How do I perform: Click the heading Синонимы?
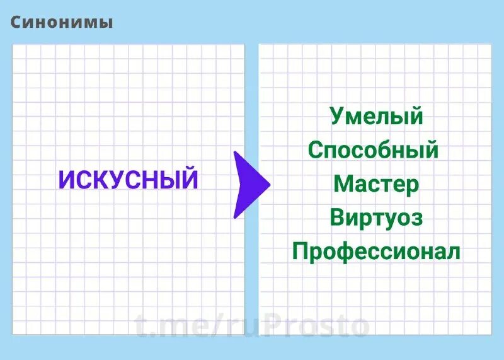pyautogui.click(x=62, y=23)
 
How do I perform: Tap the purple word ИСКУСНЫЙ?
pyautogui.click(x=128, y=180)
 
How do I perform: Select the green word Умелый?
pyautogui.click(x=376, y=117)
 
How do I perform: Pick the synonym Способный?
pyautogui.click(x=373, y=151)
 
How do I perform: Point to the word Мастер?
pyautogui.click(x=376, y=184)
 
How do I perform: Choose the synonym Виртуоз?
pyautogui.click(x=376, y=218)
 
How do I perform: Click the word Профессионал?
pyautogui.click(x=376, y=252)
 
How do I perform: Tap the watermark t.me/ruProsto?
pyautogui.click(x=251, y=326)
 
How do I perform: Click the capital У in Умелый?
pyautogui.click(x=337, y=117)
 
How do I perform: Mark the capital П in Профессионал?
pyautogui.click(x=300, y=252)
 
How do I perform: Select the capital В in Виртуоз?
pyautogui.click(x=337, y=218)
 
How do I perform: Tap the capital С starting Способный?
pyautogui.click(x=315, y=151)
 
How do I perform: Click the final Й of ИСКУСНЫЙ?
pyautogui.click(x=189, y=179)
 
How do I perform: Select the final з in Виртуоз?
pyautogui.click(x=416, y=219)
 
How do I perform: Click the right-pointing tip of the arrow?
pyautogui.click(x=269, y=185)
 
